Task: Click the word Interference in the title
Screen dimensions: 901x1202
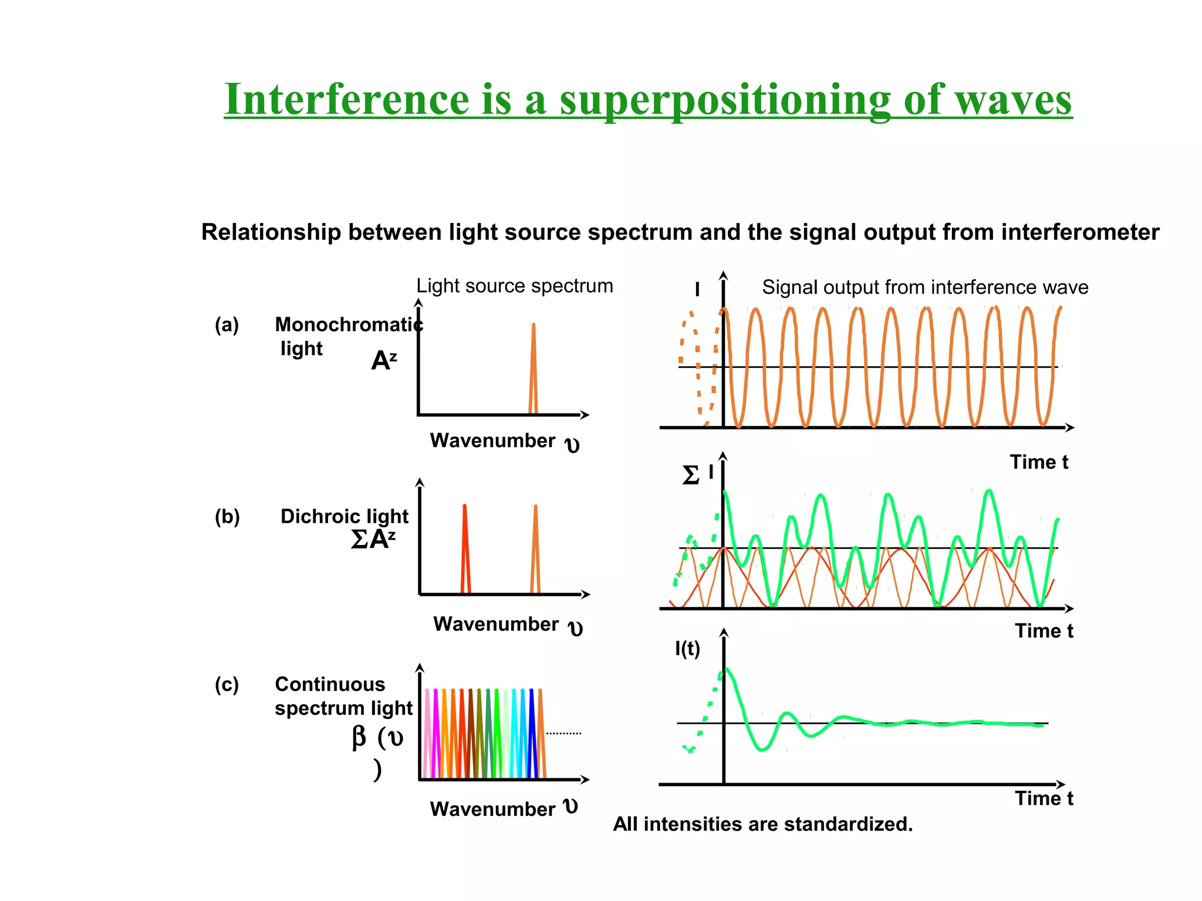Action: pyautogui.click(x=346, y=100)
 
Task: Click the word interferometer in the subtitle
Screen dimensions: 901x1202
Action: pyautogui.click(x=1080, y=233)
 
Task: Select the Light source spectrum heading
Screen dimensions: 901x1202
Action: pyautogui.click(x=514, y=286)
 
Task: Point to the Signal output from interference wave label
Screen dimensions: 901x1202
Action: pyautogui.click(x=924, y=287)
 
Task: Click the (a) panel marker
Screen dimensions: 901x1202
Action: pyautogui.click(x=227, y=324)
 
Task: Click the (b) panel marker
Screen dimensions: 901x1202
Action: pyautogui.click(x=227, y=517)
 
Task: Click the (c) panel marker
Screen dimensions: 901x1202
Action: pyautogui.click(x=227, y=685)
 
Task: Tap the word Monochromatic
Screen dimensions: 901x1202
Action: pyautogui.click(x=349, y=324)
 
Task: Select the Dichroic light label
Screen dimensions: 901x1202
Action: pyautogui.click(x=344, y=516)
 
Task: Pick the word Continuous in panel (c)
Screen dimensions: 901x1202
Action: pyautogui.click(x=330, y=685)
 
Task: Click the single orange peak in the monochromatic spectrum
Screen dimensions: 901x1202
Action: pyautogui.click(x=533, y=370)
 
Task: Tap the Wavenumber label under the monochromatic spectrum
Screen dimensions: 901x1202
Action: pyautogui.click(x=492, y=441)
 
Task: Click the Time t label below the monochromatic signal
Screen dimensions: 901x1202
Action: pyautogui.click(x=1038, y=462)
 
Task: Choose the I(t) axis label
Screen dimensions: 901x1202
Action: pyautogui.click(x=687, y=649)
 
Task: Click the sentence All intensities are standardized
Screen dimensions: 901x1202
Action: pyautogui.click(x=762, y=824)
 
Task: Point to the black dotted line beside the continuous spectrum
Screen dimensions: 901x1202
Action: pyautogui.click(x=563, y=733)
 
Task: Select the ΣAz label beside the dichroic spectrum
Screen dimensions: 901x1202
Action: pyautogui.click(x=373, y=539)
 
